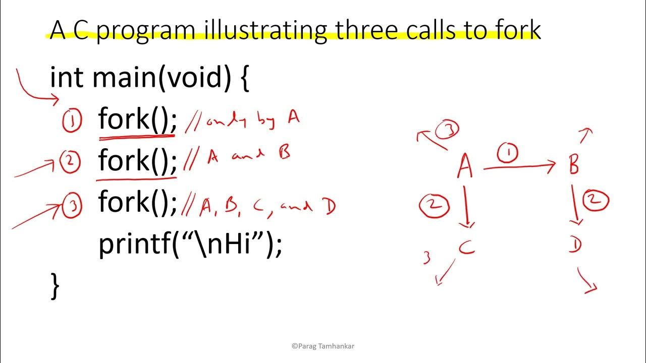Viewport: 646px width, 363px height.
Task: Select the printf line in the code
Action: (190, 245)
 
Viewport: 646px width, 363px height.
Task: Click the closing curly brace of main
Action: (55, 286)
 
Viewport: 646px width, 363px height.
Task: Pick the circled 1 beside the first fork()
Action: (72, 122)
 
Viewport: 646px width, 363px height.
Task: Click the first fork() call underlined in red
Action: (137, 120)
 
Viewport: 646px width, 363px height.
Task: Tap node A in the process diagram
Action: (465, 167)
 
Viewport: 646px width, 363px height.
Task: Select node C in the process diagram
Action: (467, 247)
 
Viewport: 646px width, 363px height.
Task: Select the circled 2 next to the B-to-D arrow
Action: (596, 201)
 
